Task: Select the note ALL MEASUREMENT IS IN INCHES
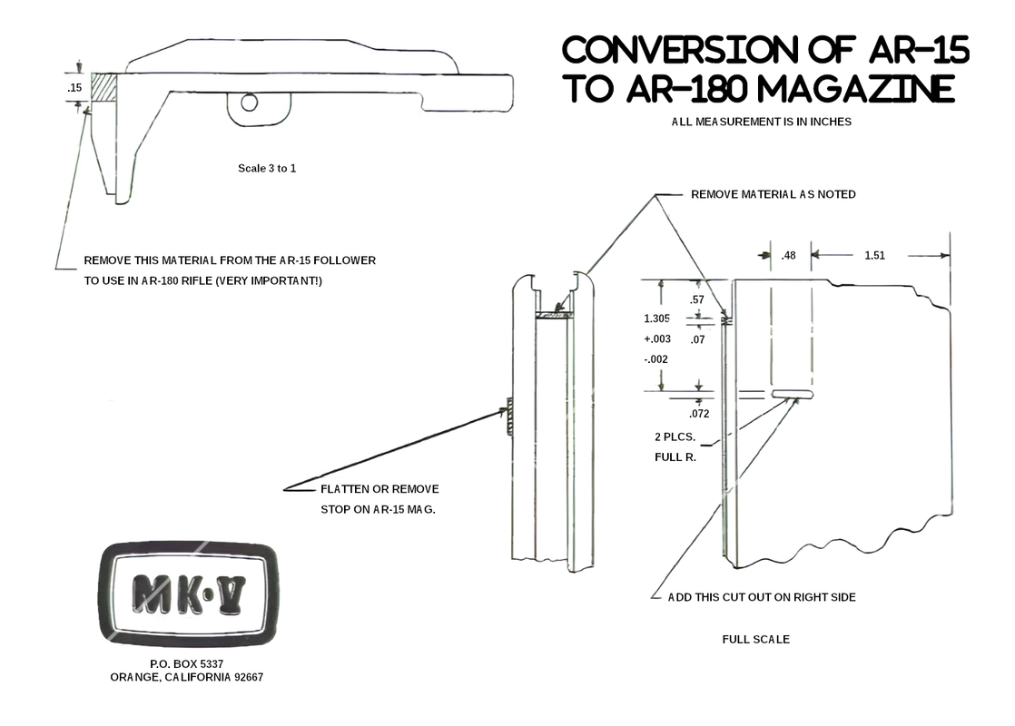[x=761, y=122]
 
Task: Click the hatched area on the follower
[x=104, y=88]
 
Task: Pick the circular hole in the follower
[x=250, y=103]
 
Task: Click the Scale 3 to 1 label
[x=267, y=169]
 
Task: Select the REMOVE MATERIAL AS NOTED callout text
[x=773, y=194]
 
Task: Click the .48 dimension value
[x=789, y=256]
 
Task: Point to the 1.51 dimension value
[x=874, y=256]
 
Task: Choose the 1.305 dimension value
[x=657, y=319]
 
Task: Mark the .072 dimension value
[x=698, y=414]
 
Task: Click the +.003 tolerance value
[x=657, y=338]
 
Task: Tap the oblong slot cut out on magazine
[x=793, y=395]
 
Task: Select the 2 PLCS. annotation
[x=675, y=437]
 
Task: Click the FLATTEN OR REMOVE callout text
[x=379, y=489]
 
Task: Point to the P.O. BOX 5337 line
[x=186, y=664]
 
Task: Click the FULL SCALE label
[x=755, y=639]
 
